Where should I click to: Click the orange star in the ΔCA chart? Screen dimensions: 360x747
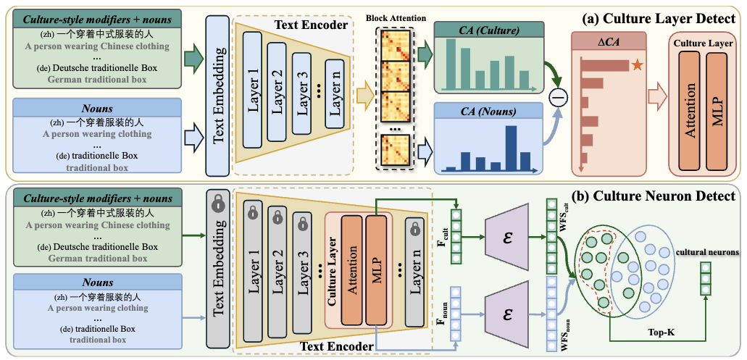[637, 65]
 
